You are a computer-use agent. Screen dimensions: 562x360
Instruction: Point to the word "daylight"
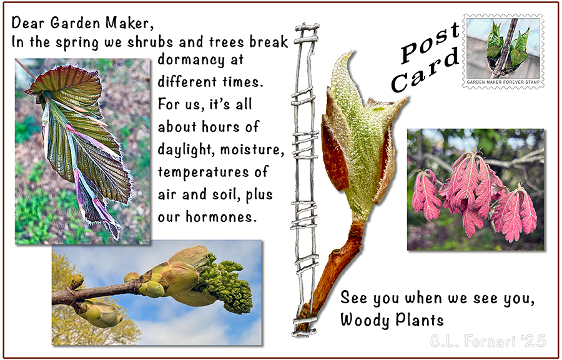185,149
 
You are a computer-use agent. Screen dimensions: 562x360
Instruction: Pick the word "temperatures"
203,172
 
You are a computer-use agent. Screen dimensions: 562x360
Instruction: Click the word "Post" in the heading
430,43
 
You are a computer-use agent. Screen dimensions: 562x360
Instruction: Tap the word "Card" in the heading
425,71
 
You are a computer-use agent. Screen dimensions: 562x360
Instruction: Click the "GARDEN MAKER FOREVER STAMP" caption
503,82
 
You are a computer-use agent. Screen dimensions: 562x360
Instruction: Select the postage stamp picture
503,51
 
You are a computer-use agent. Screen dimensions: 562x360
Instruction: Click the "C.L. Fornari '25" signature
488,341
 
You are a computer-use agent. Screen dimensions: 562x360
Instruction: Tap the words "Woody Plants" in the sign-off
392,319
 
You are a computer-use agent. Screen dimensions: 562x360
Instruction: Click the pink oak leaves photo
476,189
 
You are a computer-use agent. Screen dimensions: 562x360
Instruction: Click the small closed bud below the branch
100,314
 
